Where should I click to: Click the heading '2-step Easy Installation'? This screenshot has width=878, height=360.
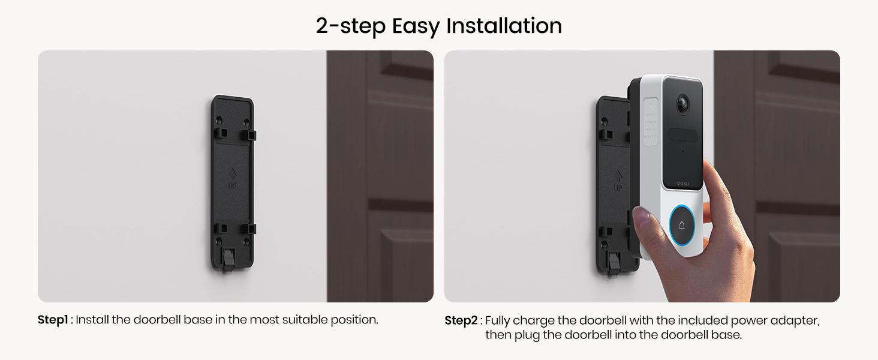pyautogui.click(x=438, y=26)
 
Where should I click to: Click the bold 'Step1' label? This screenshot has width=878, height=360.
pyautogui.click(x=53, y=320)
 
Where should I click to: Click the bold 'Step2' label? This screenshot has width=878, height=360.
pyautogui.click(x=461, y=320)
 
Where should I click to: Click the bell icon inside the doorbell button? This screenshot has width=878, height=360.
pyautogui.click(x=682, y=225)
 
